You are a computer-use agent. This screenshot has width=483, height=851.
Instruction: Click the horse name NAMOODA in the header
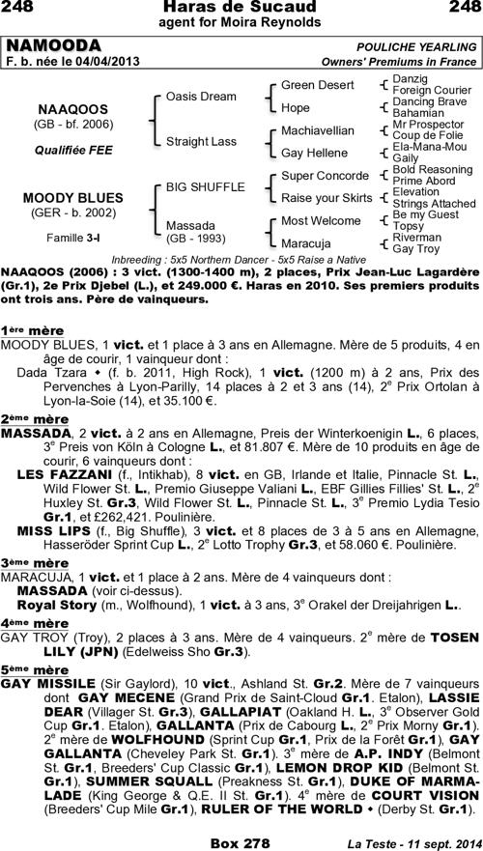click(54, 46)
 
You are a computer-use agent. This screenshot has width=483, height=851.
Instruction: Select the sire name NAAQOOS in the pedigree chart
click(72, 109)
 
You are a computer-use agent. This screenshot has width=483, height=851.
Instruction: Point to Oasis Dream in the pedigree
click(201, 97)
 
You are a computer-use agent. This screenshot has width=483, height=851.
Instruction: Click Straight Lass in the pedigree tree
click(201, 141)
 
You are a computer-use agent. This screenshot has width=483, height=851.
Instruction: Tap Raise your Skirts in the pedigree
click(327, 197)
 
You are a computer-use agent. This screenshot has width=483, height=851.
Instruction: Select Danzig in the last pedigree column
click(412, 78)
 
